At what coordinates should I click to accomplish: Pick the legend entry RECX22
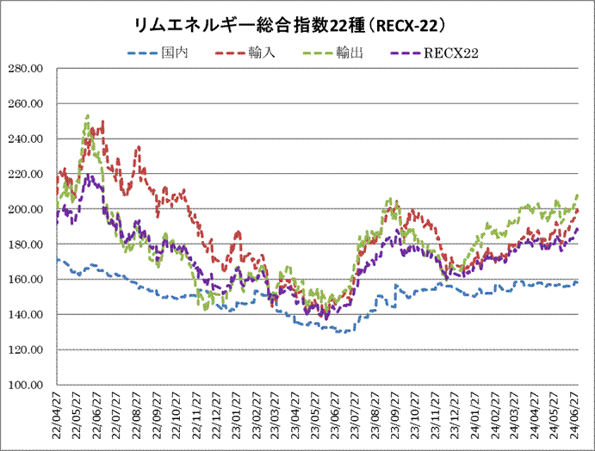click(451, 53)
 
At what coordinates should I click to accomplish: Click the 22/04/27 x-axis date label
click(58, 415)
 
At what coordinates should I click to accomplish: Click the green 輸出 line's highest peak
click(88, 114)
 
